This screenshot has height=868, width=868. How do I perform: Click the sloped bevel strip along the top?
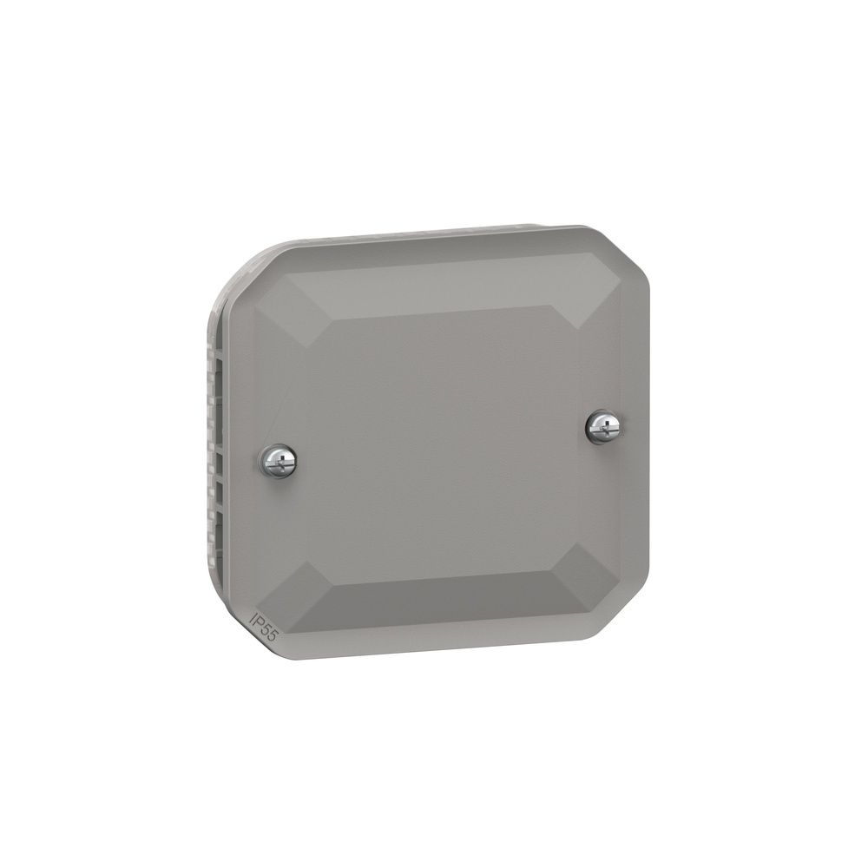point(434,282)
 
